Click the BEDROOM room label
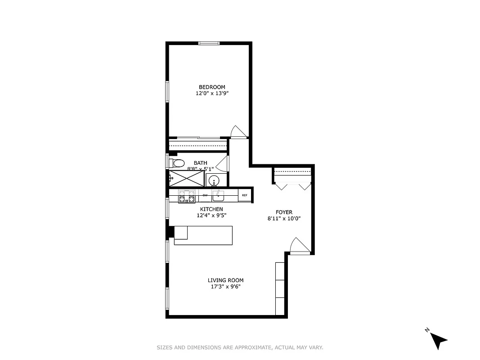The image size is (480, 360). [212, 87]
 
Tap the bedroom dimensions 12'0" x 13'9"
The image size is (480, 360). [212, 94]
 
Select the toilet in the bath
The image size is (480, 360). [178, 163]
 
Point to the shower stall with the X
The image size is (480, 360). [186, 179]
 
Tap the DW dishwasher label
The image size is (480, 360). [205, 195]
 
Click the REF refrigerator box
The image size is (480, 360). [245, 195]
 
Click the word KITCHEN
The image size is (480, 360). [211, 209]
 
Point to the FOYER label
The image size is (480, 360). [284, 212]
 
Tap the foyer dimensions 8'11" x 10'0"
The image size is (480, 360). [284, 219]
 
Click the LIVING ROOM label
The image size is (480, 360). [225, 280]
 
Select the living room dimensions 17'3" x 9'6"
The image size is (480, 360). [225, 287]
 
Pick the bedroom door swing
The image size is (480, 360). [238, 131]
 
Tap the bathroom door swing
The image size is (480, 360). [224, 163]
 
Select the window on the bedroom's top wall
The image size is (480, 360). [209, 43]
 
